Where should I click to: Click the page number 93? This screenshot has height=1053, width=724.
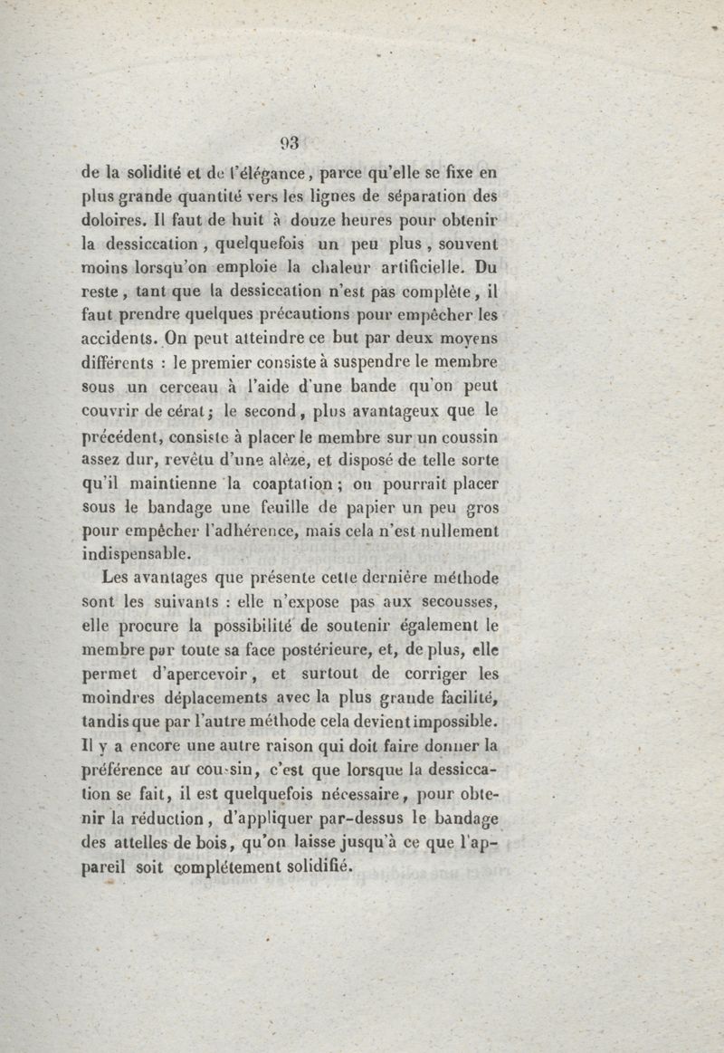click(289, 142)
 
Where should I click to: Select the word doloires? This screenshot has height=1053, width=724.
click(110, 220)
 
